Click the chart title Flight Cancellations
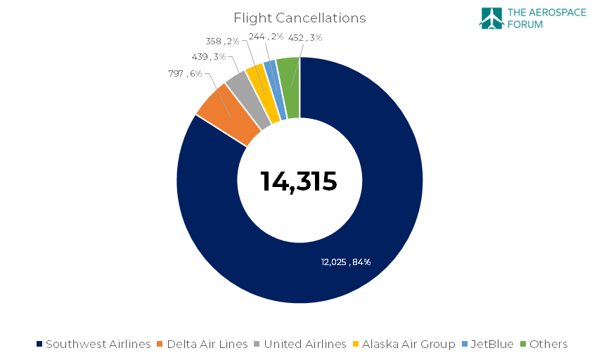tap(299, 18)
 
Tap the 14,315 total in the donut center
tap(299, 181)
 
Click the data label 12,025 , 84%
tap(345, 262)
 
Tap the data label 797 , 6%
tap(185, 73)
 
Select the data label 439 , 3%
tap(209, 56)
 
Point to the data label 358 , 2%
tap(223, 41)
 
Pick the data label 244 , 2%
tap(266, 37)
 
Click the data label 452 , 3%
tap(305, 37)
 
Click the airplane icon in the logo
tap(491, 19)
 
